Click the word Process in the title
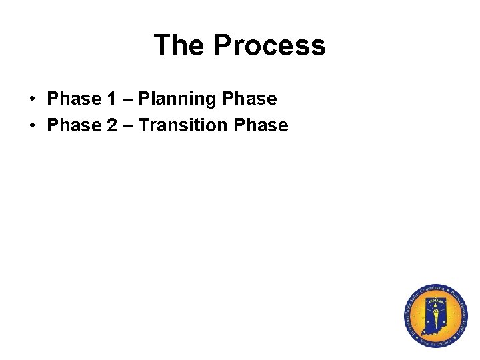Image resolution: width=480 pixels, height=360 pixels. [x=269, y=45]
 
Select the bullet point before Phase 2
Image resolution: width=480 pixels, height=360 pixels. [x=32, y=125]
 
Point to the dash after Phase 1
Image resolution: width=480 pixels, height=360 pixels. [x=127, y=100]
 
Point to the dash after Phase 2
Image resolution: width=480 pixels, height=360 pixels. [x=127, y=125]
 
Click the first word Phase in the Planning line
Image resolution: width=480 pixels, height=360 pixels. [x=73, y=99]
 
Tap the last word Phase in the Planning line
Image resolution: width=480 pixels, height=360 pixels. [x=249, y=99]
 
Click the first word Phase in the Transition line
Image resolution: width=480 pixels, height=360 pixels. [x=73, y=125]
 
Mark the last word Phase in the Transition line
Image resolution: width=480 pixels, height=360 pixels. [x=261, y=125]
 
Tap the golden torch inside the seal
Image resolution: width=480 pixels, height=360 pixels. [x=435, y=311]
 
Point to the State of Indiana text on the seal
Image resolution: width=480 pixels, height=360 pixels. [x=437, y=343]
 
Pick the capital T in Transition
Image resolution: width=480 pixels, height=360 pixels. [x=143, y=125]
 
